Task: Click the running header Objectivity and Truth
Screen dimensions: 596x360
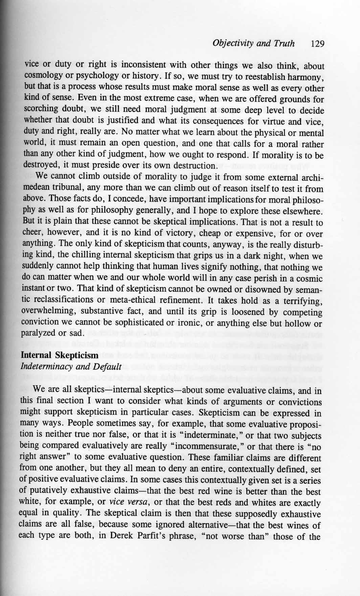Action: point(253,44)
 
